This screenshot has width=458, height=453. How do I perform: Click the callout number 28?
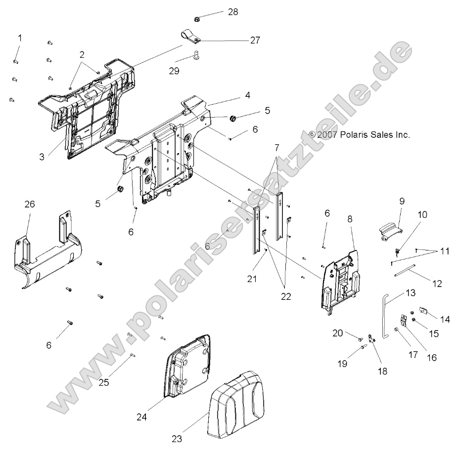click(232, 12)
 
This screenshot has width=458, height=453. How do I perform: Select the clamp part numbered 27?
click(189, 38)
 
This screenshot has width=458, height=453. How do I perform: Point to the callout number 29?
click(174, 71)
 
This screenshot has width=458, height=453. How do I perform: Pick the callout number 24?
click(142, 417)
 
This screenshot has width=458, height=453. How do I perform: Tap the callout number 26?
click(30, 204)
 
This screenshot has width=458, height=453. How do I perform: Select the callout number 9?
click(402, 201)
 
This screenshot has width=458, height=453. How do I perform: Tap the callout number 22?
click(285, 297)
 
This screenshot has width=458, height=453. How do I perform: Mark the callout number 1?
click(20, 38)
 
